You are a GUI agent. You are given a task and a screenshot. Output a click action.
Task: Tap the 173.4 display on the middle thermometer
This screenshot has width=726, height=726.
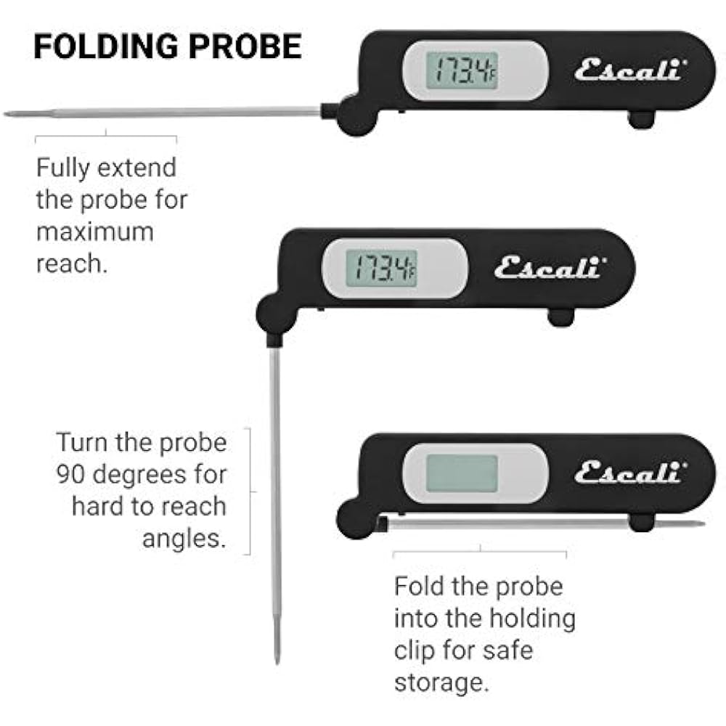click(381, 268)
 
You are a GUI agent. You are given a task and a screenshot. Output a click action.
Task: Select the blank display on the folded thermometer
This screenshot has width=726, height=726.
click(462, 473)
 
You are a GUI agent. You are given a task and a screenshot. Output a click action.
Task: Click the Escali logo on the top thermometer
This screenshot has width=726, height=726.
click(629, 71)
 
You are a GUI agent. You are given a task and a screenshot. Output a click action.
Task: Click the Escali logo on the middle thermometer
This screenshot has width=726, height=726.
click(548, 268)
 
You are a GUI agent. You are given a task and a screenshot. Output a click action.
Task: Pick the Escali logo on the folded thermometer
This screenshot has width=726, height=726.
click(629, 473)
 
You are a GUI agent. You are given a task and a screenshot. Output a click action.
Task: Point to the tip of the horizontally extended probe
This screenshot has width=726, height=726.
click(7, 114)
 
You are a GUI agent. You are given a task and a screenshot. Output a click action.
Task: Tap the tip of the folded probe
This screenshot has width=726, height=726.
click(700, 523)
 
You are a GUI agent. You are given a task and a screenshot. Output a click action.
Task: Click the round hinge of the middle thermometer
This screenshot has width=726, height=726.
click(275, 314)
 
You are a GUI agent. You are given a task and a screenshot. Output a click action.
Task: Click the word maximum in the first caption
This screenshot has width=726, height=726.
click(95, 232)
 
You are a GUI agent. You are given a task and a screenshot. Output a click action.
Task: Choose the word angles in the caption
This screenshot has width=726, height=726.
click(184, 538)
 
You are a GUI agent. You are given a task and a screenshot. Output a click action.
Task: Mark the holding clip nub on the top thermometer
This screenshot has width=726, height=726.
click(641, 118)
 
